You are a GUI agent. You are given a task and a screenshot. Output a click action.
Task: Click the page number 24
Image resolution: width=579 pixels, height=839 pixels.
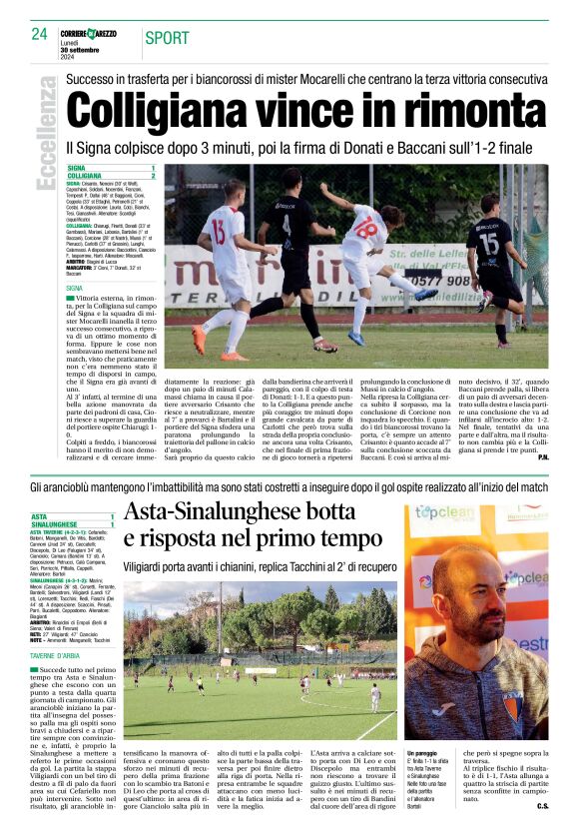(40, 34)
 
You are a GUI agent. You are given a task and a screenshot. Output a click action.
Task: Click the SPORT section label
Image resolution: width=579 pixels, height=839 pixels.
(167, 38)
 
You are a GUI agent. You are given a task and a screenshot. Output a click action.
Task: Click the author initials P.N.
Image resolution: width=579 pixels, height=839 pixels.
(542, 457)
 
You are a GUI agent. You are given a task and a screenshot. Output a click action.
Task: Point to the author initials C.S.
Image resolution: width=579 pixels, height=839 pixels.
(542, 805)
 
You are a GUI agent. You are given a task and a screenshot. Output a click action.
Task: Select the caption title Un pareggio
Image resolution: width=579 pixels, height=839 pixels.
(424, 752)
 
